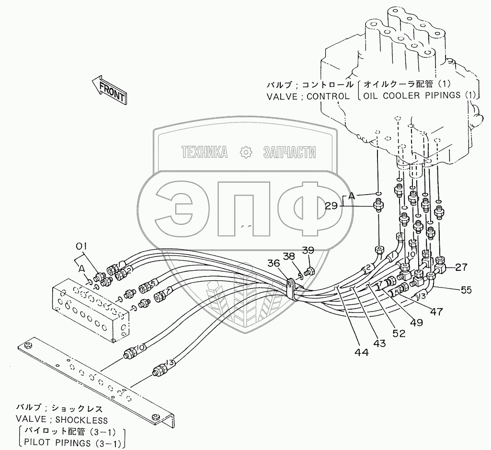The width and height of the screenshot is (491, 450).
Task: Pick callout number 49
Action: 416,322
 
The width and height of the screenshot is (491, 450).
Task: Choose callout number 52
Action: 398,332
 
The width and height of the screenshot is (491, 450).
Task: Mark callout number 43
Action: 379,344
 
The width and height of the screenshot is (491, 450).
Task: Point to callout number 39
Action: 308,251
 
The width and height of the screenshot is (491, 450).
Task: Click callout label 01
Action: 81,247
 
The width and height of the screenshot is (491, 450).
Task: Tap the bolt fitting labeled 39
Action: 309,272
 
